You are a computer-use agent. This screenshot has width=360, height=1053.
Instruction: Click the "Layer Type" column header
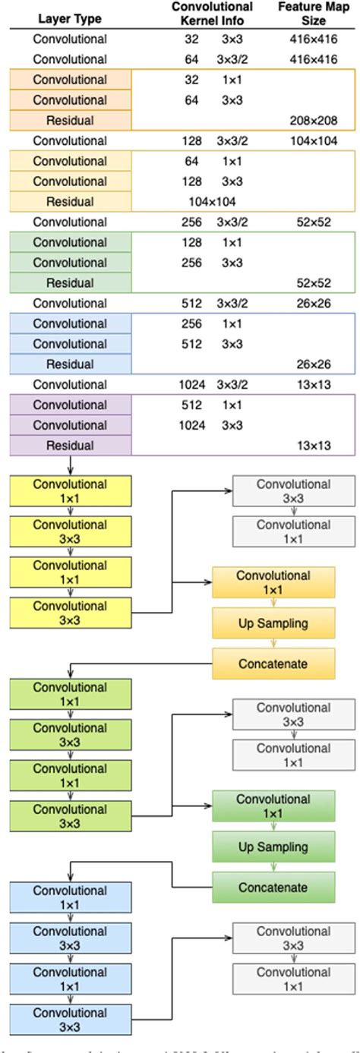70,20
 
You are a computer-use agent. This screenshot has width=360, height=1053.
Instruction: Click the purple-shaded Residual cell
70,446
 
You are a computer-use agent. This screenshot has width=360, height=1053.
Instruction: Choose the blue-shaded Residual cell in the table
70,364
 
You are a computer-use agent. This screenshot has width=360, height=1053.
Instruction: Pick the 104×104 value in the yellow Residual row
212,202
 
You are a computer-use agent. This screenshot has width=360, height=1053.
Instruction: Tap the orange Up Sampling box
273,623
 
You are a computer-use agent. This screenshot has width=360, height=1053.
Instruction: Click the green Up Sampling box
273,847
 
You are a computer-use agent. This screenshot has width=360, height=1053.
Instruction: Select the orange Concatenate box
273,664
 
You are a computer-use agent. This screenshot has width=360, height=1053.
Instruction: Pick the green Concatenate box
273,887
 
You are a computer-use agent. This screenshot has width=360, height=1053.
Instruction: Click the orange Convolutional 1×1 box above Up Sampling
273,582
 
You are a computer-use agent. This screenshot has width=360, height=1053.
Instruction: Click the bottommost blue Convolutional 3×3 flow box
70,1020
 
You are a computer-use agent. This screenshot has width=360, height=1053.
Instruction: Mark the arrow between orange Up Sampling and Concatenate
273,644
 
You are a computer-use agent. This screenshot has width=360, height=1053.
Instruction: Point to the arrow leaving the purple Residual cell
70,465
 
